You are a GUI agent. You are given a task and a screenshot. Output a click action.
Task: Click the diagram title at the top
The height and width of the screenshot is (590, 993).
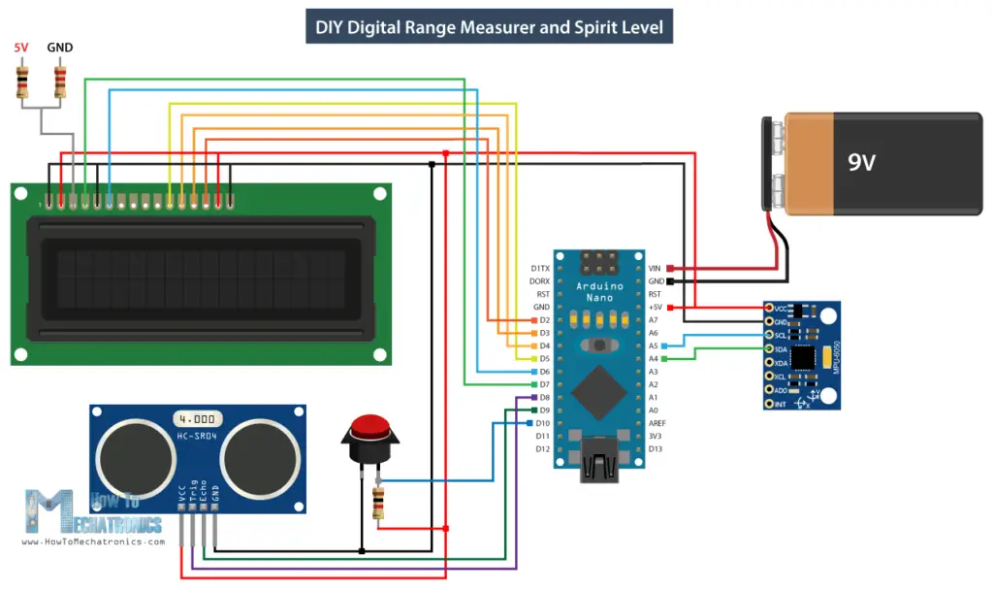pyautogui.click(x=490, y=27)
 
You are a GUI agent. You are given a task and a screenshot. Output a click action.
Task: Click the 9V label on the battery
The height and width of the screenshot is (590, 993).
pyautogui.click(x=861, y=162)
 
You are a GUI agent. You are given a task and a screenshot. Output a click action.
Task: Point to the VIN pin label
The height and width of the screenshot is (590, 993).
pyautogui.click(x=655, y=268)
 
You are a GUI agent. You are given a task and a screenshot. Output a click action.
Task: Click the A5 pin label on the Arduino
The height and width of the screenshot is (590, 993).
pyautogui.click(x=653, y=345)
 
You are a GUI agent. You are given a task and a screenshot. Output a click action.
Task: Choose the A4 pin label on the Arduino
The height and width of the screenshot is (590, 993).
pyautogui.click(x=653, y=359)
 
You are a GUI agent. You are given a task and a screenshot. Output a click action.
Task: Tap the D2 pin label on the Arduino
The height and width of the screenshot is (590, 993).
pyautogui.click(x=543, y=319)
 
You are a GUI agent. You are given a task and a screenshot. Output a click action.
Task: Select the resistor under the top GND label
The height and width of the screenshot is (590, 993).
pyautogui.click(x=60, y=81)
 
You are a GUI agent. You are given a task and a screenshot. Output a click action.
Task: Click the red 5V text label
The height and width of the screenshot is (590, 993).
pyautogui.click(x=21, y=48)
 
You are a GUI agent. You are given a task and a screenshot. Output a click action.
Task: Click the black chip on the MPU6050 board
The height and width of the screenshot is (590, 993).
pyautogui.click(x=804, y=356)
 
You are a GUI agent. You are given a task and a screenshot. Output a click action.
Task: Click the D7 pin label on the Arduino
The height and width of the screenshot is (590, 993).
pyautogui.click(x=543, y=384)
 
